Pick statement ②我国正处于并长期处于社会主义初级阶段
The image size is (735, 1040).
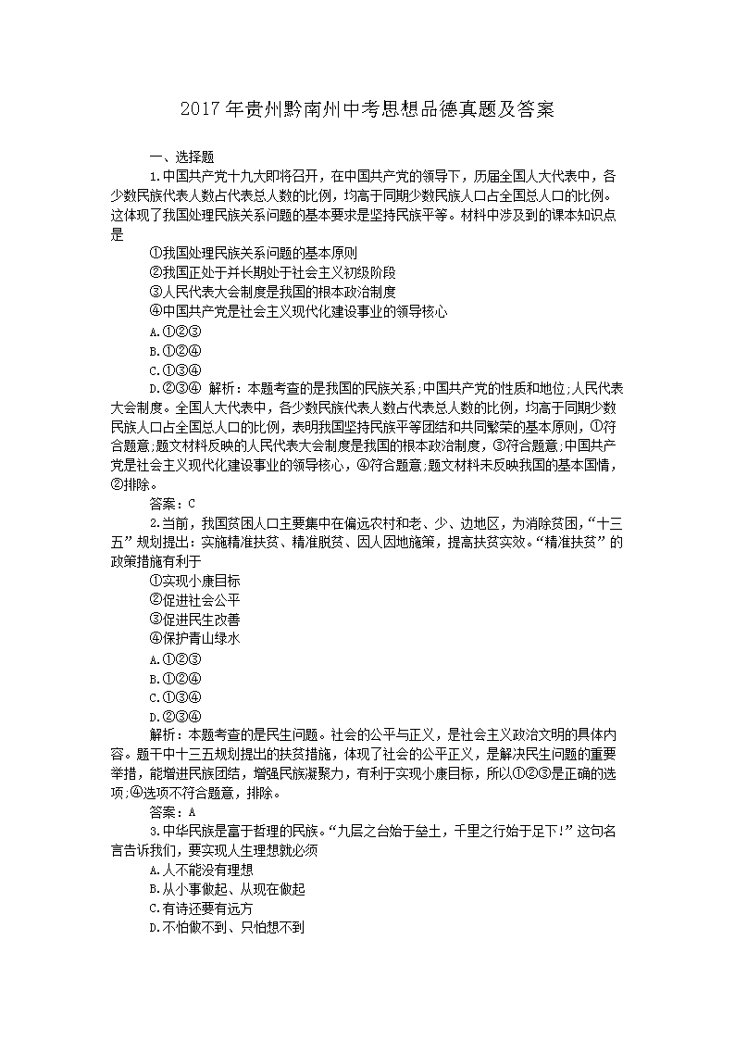pyautogui.click(x=272, y=272)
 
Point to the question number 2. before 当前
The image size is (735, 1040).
pyautogui.click(x=155, y=522)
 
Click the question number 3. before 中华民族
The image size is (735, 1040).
pyautogui.click(x=155, y=831)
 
